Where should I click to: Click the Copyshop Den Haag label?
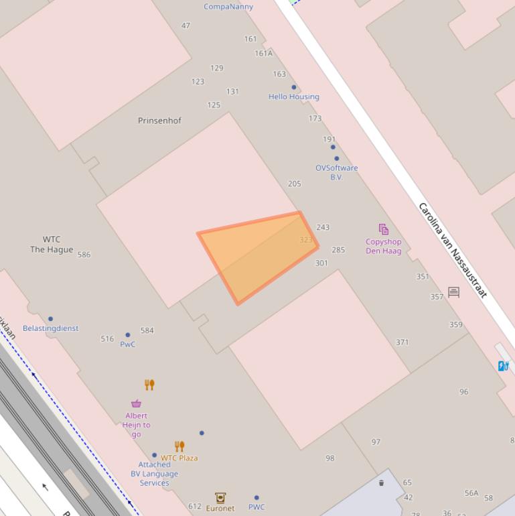coord(384,247)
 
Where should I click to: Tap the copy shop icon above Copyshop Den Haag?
coord(383,230)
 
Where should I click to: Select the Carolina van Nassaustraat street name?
coord(452,250)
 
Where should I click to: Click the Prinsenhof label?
coord(159,121)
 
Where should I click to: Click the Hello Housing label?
coord(294,96)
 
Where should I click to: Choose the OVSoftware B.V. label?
coord(337,172)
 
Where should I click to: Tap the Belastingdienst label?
coord(51,328)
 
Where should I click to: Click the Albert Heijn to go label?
coord(137,425)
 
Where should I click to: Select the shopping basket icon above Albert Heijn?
coord(137,403)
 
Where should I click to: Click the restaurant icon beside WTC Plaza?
coord(179,446)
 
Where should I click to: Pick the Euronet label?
coord(220,508)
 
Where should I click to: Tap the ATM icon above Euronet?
coord(220,497)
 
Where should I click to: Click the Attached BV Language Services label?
coord(155,473)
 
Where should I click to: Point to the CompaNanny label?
coord(228,7)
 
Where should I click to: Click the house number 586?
coord(84,255)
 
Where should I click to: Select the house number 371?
coord(402,342)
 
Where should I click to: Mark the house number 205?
coord(295,184)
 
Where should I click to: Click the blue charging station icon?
coord(504,365)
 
